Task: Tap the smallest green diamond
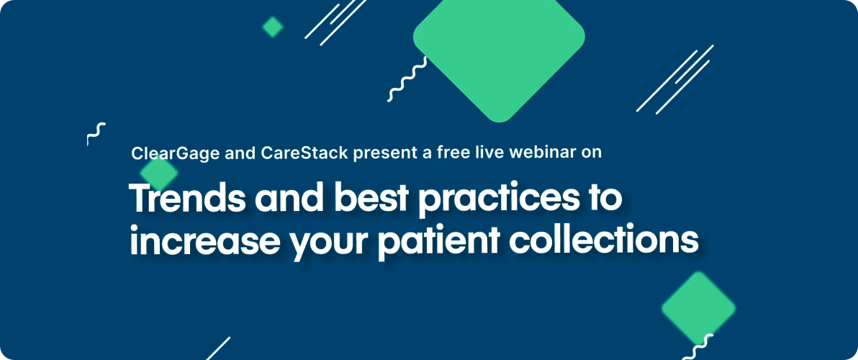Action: (x=272, y=27)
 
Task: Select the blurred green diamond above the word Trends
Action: (x=158, y=173)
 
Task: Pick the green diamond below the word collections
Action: (x=697, y=307)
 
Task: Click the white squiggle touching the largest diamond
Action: (x=407, y=80)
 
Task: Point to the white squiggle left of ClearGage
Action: (x=96, y=134)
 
